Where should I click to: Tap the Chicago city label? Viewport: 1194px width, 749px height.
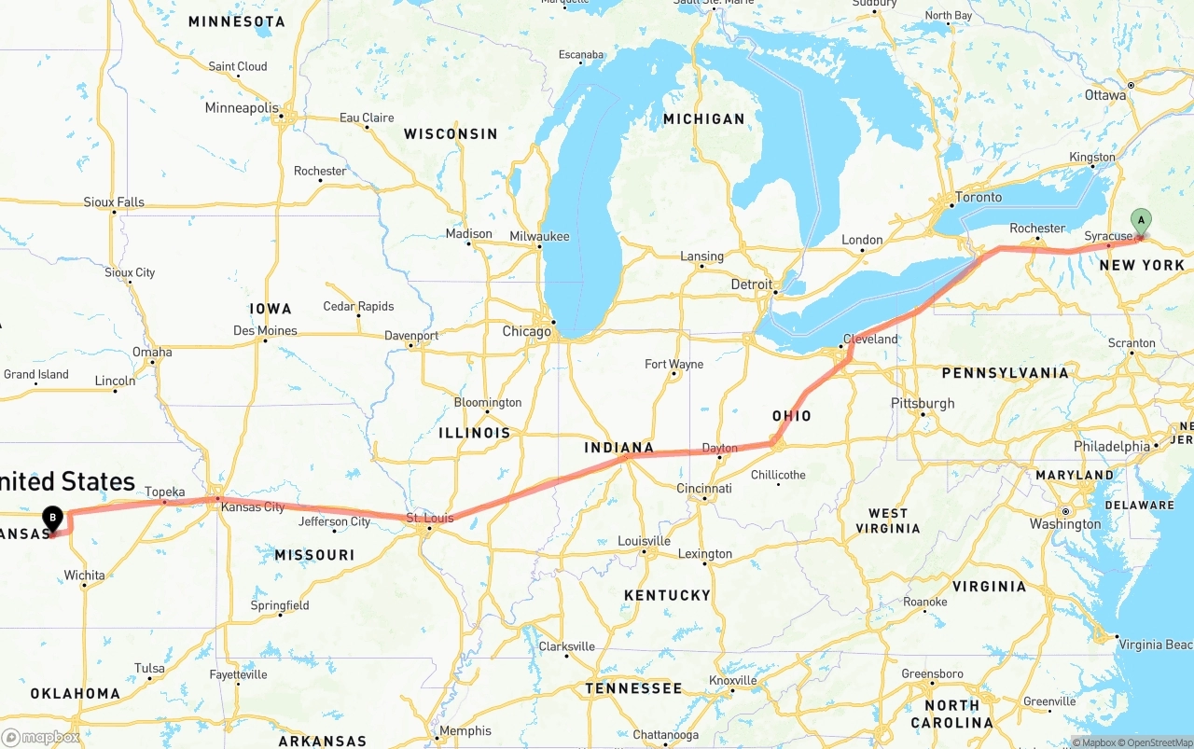[x=526, y=332]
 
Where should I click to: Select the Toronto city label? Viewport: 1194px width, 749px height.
[x=979, y=198]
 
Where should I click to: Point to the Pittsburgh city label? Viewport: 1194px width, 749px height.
[x=923, y=404]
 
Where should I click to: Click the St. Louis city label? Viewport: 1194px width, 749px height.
[x=430, y=519]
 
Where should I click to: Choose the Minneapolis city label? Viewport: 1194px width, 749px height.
[x=242, y=108]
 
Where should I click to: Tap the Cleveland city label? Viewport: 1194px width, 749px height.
[x=870, y=340]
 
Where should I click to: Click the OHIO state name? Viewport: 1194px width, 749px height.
[x=791, y=416]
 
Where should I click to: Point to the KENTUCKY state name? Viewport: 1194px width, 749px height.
[x=668, y=595]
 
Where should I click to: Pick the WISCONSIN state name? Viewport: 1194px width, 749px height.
[x=451, y=134]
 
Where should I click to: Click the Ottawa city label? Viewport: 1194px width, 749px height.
[x=1105, y=95]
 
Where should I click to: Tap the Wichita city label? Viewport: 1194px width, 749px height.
[x=84, y=576]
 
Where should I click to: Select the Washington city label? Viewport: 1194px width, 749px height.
[x=1065, y=524]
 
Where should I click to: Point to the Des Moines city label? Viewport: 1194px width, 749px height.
[x=265, y=331]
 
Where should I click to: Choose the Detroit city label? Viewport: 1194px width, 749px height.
[x=752, y=284]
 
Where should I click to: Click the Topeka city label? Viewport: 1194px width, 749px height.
[x=165, y=492]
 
